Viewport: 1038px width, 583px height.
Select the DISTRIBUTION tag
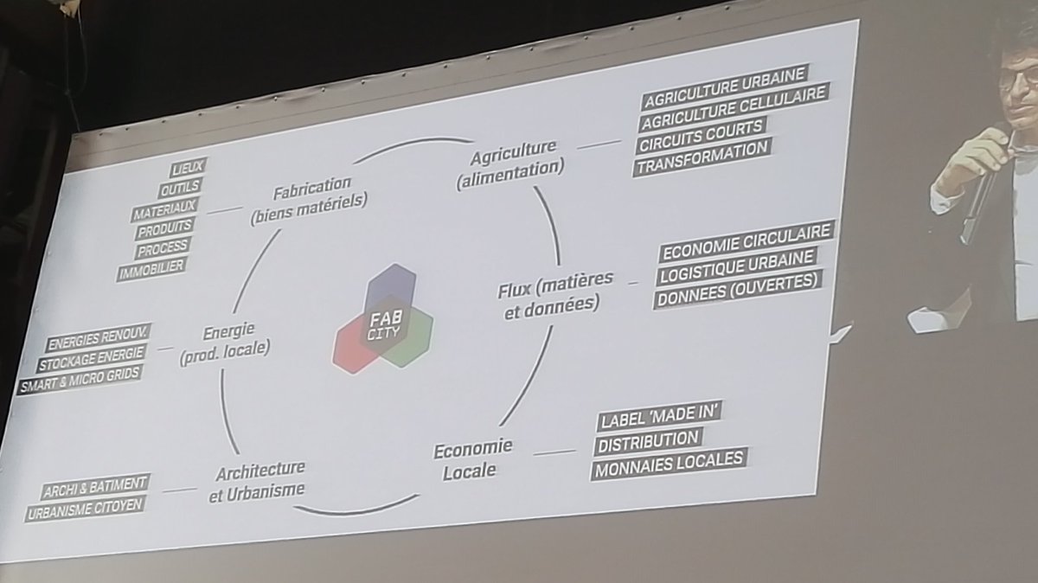coord(648,440)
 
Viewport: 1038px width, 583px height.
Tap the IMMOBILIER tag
coord(151,269)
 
